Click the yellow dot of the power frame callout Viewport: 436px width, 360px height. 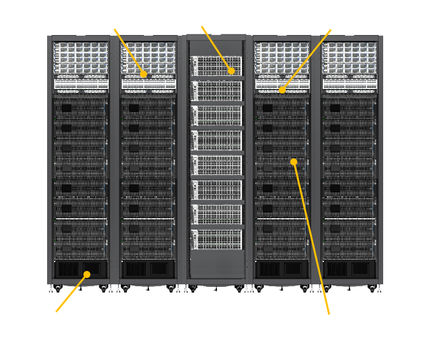144,74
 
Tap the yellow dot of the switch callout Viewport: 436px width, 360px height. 232,71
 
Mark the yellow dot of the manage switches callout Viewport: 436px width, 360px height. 282,90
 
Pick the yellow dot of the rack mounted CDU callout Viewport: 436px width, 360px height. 87,274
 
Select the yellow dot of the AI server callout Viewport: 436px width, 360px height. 293,162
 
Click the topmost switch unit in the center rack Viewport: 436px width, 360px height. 216,65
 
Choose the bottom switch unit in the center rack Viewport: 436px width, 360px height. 216,239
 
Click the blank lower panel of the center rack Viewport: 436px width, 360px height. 216,264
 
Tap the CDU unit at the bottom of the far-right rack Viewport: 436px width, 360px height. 350,268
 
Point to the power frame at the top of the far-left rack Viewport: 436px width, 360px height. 80,57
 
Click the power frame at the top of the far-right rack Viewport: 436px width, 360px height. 350,57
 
